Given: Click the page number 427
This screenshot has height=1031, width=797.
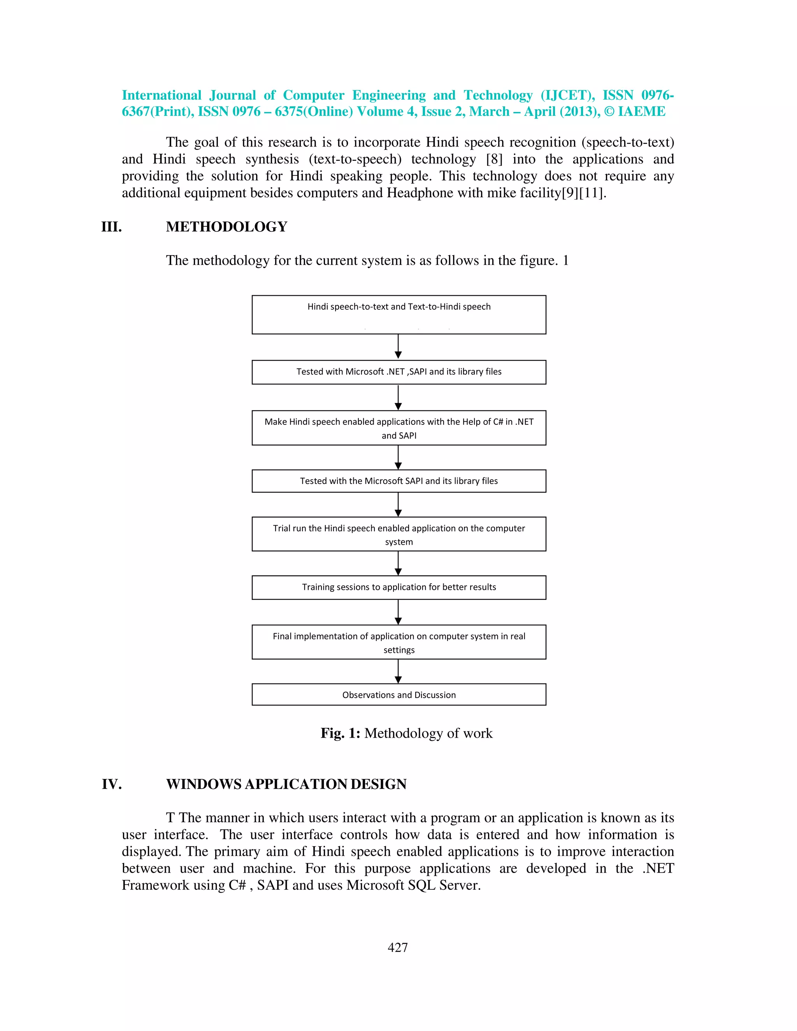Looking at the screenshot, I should pos(398,947).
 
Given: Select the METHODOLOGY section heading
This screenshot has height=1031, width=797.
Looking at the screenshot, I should pos(226,227).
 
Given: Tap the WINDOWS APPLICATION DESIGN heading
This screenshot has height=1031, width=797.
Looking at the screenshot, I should pos(286,784).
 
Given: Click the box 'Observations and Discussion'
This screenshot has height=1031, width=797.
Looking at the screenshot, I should pos(399,694).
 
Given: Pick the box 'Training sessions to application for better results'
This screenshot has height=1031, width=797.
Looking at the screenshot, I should pos(399,587).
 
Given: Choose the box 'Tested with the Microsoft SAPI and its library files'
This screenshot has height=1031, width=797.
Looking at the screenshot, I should pos(399,481).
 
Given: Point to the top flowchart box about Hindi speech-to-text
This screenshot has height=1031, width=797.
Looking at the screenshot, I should pos(399,314).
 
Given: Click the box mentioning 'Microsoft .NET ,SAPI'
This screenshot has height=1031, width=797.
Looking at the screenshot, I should pos(399,372).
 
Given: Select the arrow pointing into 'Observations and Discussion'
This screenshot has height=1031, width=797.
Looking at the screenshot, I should pos(398,671).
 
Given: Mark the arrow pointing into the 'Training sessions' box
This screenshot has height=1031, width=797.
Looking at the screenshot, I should pos(398,563).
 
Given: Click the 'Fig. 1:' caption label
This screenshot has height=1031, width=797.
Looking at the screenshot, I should pos(340,733).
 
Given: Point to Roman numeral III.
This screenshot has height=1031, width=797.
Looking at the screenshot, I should pos(111,227).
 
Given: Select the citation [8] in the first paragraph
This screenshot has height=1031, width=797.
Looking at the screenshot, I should pos(494,160).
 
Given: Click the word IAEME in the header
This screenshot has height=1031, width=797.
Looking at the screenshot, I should pos(641,112).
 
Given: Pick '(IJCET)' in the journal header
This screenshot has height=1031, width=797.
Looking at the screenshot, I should pos(567,95).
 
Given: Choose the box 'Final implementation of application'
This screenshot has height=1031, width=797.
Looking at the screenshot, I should pos(399,642).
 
